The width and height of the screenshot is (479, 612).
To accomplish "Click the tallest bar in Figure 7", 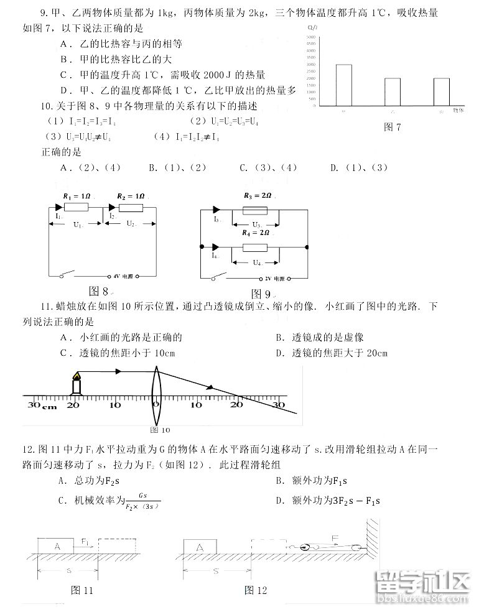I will pyautogui.click(x=343, y=85).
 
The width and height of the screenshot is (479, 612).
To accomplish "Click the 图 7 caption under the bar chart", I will pyautogui.click(x=393, y=127).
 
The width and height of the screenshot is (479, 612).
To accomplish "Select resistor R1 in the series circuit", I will pyautogui.click(x=78, y=207).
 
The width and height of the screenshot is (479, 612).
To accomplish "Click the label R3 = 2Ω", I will pyautogui.click(x=256, y=195).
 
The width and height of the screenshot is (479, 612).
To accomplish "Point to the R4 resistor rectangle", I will pyautogui.click(x=255, y=248).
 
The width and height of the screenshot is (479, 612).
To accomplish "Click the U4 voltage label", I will pyautogui.click(x=256, y=262).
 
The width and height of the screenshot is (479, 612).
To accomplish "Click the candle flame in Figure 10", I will pyautogui.click(x=77, y=376).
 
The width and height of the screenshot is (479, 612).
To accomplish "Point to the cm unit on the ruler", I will pyautogui.click(x=49, y=408).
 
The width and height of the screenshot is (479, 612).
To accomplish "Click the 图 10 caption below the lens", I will pyautogui.click(x=160, y=429).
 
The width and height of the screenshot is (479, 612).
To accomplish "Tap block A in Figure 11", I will pyautogui.click(x=57, y=546).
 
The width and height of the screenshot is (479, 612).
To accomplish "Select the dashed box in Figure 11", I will pyautogui.click(x=119, y=546).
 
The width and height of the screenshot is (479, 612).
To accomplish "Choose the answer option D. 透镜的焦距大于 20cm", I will pyautogui.click(x=331, y=353).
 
